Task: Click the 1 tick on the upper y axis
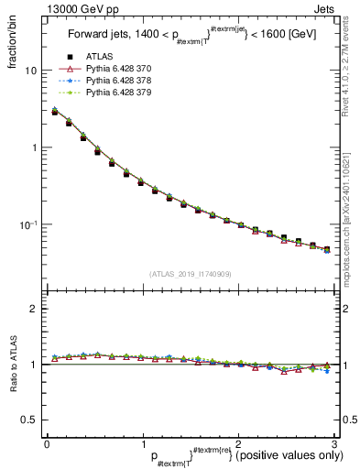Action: pyautogui.click(x=34, y=147)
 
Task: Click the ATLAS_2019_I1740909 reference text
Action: pyautogui.click(x=190, y=273)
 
